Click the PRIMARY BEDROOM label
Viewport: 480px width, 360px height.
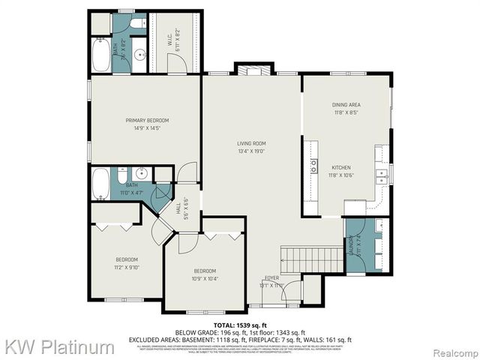(146, 120)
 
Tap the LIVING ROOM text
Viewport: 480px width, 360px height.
(251, 143)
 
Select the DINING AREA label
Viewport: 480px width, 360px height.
(346, 105)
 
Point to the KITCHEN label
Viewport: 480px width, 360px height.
(341, 168)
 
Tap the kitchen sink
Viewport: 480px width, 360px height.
(382, 176)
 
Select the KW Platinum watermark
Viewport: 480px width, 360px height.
(58, 347)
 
